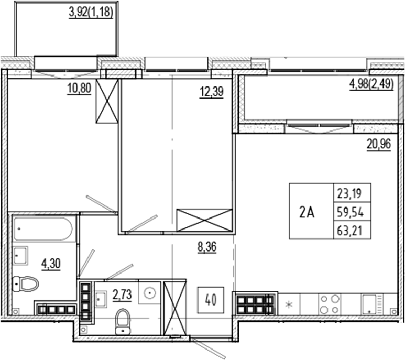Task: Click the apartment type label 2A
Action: (x=307, y=212)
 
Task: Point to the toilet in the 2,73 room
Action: (x=123, y=321)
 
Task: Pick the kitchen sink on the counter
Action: (x=373, y=303)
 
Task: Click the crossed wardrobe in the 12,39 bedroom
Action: (x=204, y=220)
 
